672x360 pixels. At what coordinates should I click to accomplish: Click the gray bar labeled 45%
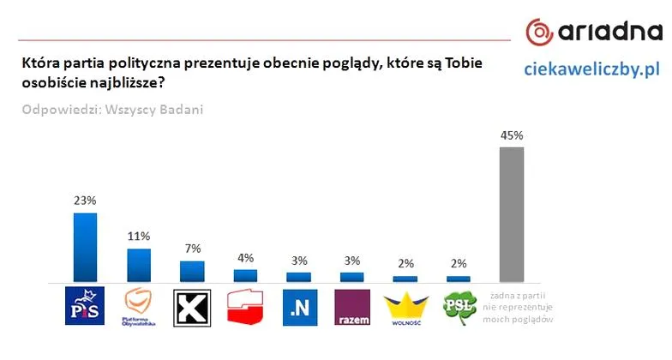coord(512,214)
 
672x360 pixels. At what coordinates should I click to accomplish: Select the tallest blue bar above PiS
coord(86,248)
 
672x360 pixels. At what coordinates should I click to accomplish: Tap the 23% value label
coord(85,200)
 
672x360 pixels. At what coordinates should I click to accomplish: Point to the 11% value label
coord(139,236)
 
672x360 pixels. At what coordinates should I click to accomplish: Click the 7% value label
coord(191,249)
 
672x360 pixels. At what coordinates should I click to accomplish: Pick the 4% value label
coord(245,257)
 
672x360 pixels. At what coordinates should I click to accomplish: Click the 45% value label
coord(512,135)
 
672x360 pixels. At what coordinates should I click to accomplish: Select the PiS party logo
coord(85,307)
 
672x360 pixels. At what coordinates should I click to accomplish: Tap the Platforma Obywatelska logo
coord(139,307)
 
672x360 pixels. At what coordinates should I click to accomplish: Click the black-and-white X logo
coord(192,307)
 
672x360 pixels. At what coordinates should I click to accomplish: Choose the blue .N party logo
coord(298,307)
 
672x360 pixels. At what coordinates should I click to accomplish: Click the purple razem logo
coord(351,307)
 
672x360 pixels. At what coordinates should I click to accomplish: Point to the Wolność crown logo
coord(405,306)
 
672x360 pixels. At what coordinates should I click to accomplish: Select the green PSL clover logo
coord(459,306)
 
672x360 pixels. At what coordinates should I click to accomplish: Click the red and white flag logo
coord(245,307)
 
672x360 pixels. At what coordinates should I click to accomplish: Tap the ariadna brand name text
coord(609,33)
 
